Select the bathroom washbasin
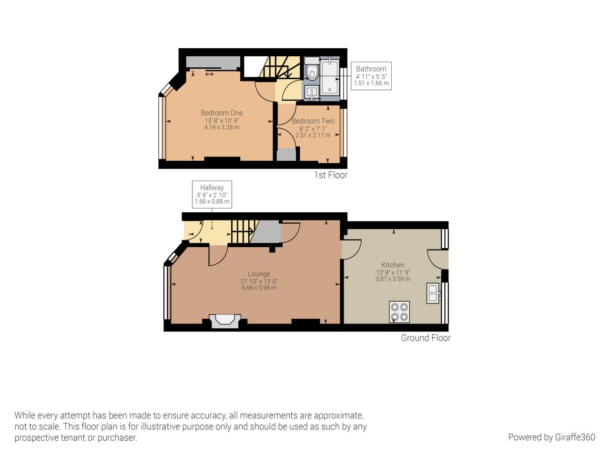pos(312,92)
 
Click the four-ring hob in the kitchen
pos(399,312)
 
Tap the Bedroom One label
pos(222,113)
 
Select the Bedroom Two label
pos(313,121)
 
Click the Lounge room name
pos(259,274)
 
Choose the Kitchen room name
pos(393,265)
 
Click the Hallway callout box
pos(212,194)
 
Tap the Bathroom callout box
pos(371,76)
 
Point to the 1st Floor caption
pos(330,175)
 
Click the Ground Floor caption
pos(426,338)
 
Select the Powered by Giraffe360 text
pos(551,437)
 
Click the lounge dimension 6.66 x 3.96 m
pos(259,288)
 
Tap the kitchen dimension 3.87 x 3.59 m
pos(393,279)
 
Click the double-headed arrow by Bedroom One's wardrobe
pos(209,74)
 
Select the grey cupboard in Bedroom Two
pos(286,155)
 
